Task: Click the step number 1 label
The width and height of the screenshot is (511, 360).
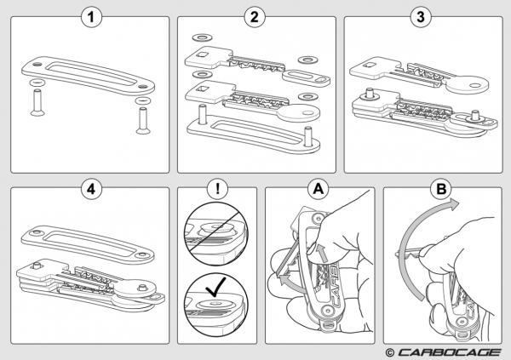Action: (90, 16)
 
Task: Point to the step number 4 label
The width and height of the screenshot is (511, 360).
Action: (90, 189)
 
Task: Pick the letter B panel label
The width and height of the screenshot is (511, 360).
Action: (441, 189)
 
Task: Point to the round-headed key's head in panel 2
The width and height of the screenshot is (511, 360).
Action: (294, 117)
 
